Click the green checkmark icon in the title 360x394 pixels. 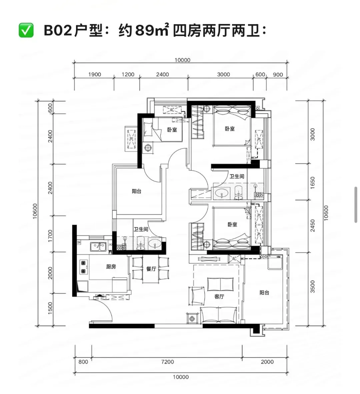26,30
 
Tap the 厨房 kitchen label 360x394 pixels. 111,267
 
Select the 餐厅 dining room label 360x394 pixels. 151,269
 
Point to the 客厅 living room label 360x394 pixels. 219,297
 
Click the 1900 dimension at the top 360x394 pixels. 94,74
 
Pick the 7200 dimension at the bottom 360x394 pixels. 168,362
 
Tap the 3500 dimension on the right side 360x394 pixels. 313,286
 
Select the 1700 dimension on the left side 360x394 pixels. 50,236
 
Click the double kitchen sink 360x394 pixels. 98,247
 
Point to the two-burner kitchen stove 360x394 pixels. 83,267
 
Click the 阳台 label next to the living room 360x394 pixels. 264,292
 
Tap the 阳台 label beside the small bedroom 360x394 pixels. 136,191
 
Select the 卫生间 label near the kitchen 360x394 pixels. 141,229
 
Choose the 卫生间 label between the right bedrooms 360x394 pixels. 237,176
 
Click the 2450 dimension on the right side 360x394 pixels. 313,226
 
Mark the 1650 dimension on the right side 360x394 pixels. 313,183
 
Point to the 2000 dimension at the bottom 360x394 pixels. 267,362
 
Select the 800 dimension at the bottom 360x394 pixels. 83,362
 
